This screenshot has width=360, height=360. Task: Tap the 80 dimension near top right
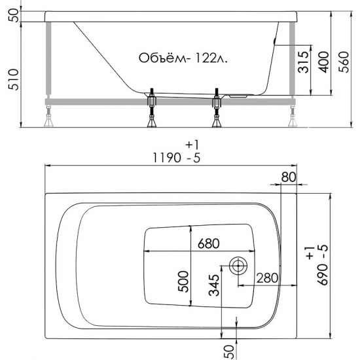point(288,177)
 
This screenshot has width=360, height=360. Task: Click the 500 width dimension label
point(184,280)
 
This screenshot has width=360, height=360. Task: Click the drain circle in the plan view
point(238,266)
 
